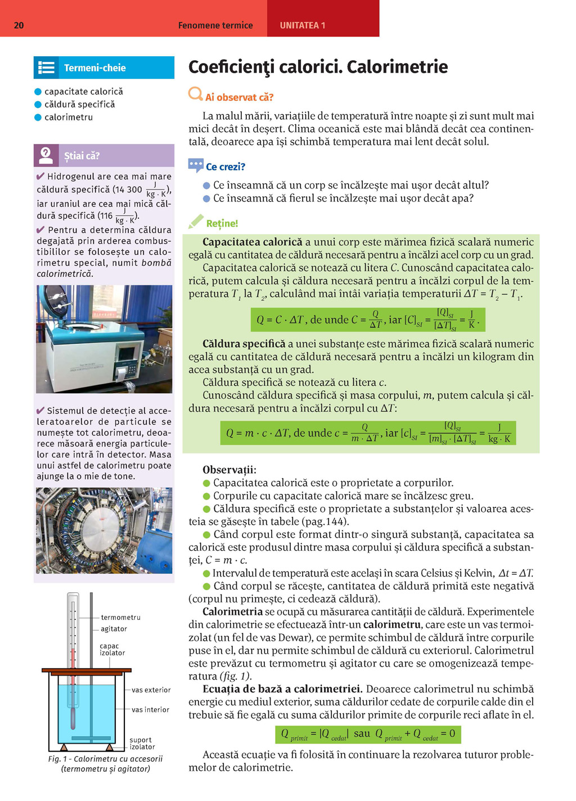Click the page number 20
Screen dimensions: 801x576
[19, 25]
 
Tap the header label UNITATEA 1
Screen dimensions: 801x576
[303, 25]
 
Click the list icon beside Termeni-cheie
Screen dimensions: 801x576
[46, 68]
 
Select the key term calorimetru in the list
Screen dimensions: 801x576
[69, 117]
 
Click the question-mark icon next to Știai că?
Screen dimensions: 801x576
[46, 155]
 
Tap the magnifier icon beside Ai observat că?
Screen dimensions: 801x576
[195, 94]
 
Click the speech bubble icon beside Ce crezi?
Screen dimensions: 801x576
[196, 165]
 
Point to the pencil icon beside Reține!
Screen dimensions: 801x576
[196, 222]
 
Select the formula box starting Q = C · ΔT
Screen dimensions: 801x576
[368, 319]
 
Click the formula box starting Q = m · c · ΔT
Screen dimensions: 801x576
[368, 433]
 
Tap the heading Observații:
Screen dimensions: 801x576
[229, 470]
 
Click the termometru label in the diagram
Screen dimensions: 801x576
[120, 618]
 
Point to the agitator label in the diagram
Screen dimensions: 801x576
[114, 629]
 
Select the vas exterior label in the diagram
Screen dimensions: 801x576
[151, 690]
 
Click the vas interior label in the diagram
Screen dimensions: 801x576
[150, 710]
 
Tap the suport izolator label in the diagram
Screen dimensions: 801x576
[142, 744]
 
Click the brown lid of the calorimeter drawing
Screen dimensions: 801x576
[87, 670]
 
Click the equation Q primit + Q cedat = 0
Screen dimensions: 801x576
[415, 734]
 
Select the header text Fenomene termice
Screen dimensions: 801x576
[215, 25]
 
